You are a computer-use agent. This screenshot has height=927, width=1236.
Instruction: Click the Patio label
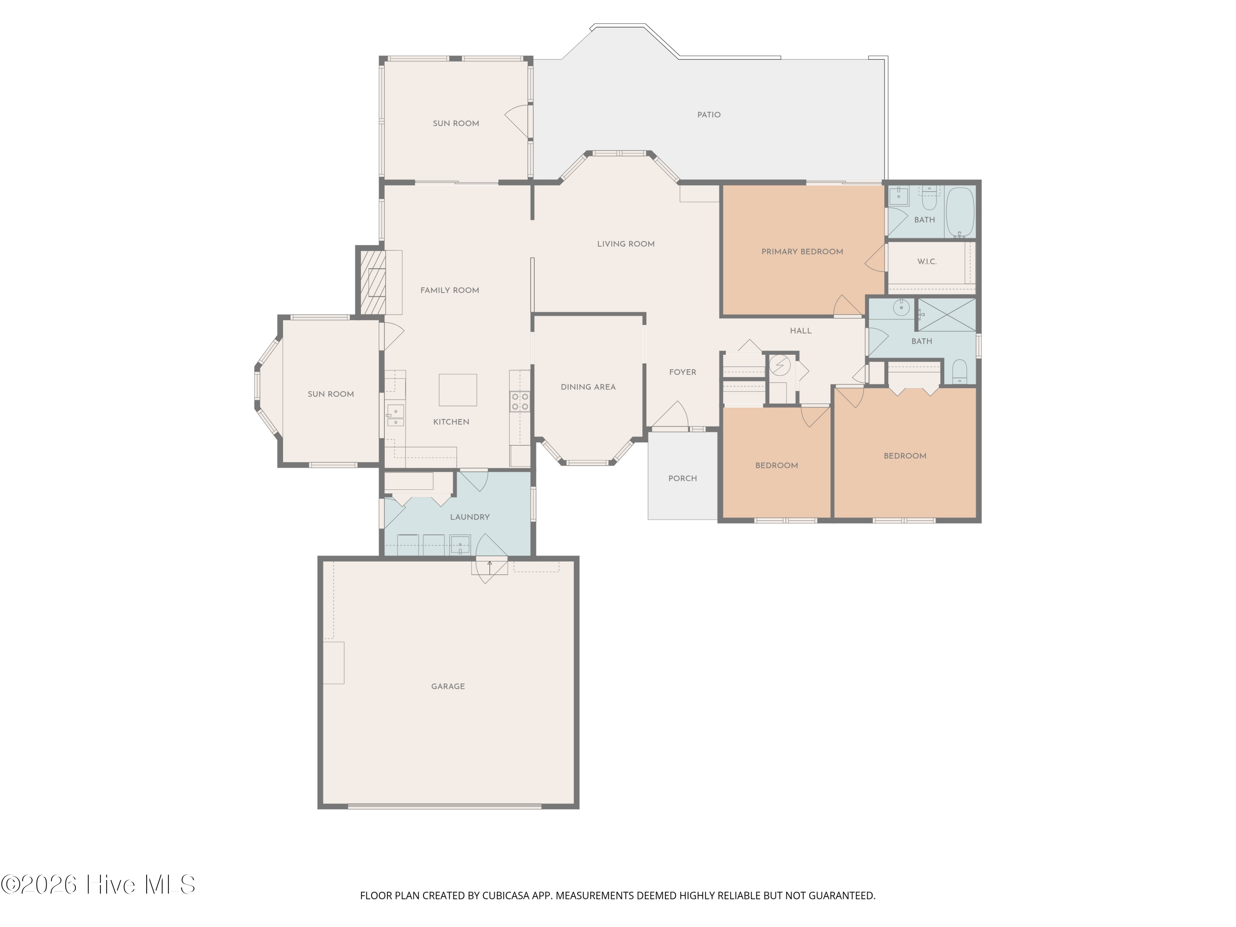tap(709, 115)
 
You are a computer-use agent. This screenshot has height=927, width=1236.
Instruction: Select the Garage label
tap(447, 686)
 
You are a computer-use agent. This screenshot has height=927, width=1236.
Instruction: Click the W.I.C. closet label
tap(927, 262)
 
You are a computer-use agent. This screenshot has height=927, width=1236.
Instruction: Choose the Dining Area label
tap(588, 387)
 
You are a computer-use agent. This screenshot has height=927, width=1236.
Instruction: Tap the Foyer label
tap(682, 372)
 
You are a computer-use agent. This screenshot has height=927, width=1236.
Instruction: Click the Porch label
tap(682, 478)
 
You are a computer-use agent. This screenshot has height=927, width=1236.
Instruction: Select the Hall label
tap(800, 331)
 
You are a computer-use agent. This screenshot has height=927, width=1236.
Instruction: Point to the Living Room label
tap(625, 243)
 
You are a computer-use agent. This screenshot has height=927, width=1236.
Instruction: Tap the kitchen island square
tap(458, 389)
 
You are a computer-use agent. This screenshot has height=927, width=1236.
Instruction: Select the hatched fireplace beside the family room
tap(372, 282)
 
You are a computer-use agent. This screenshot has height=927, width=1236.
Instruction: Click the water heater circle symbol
tap(780, 365)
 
